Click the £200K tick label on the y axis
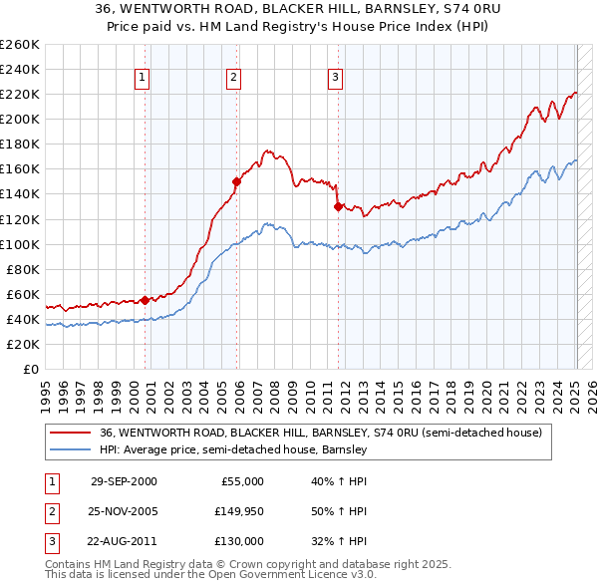pos(19,119)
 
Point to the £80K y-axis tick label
pos(22,269)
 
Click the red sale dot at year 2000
pos(146,300)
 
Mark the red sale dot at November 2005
pos(237,181)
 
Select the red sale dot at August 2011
pos(339,206)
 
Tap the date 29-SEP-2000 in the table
pos(124,481)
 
